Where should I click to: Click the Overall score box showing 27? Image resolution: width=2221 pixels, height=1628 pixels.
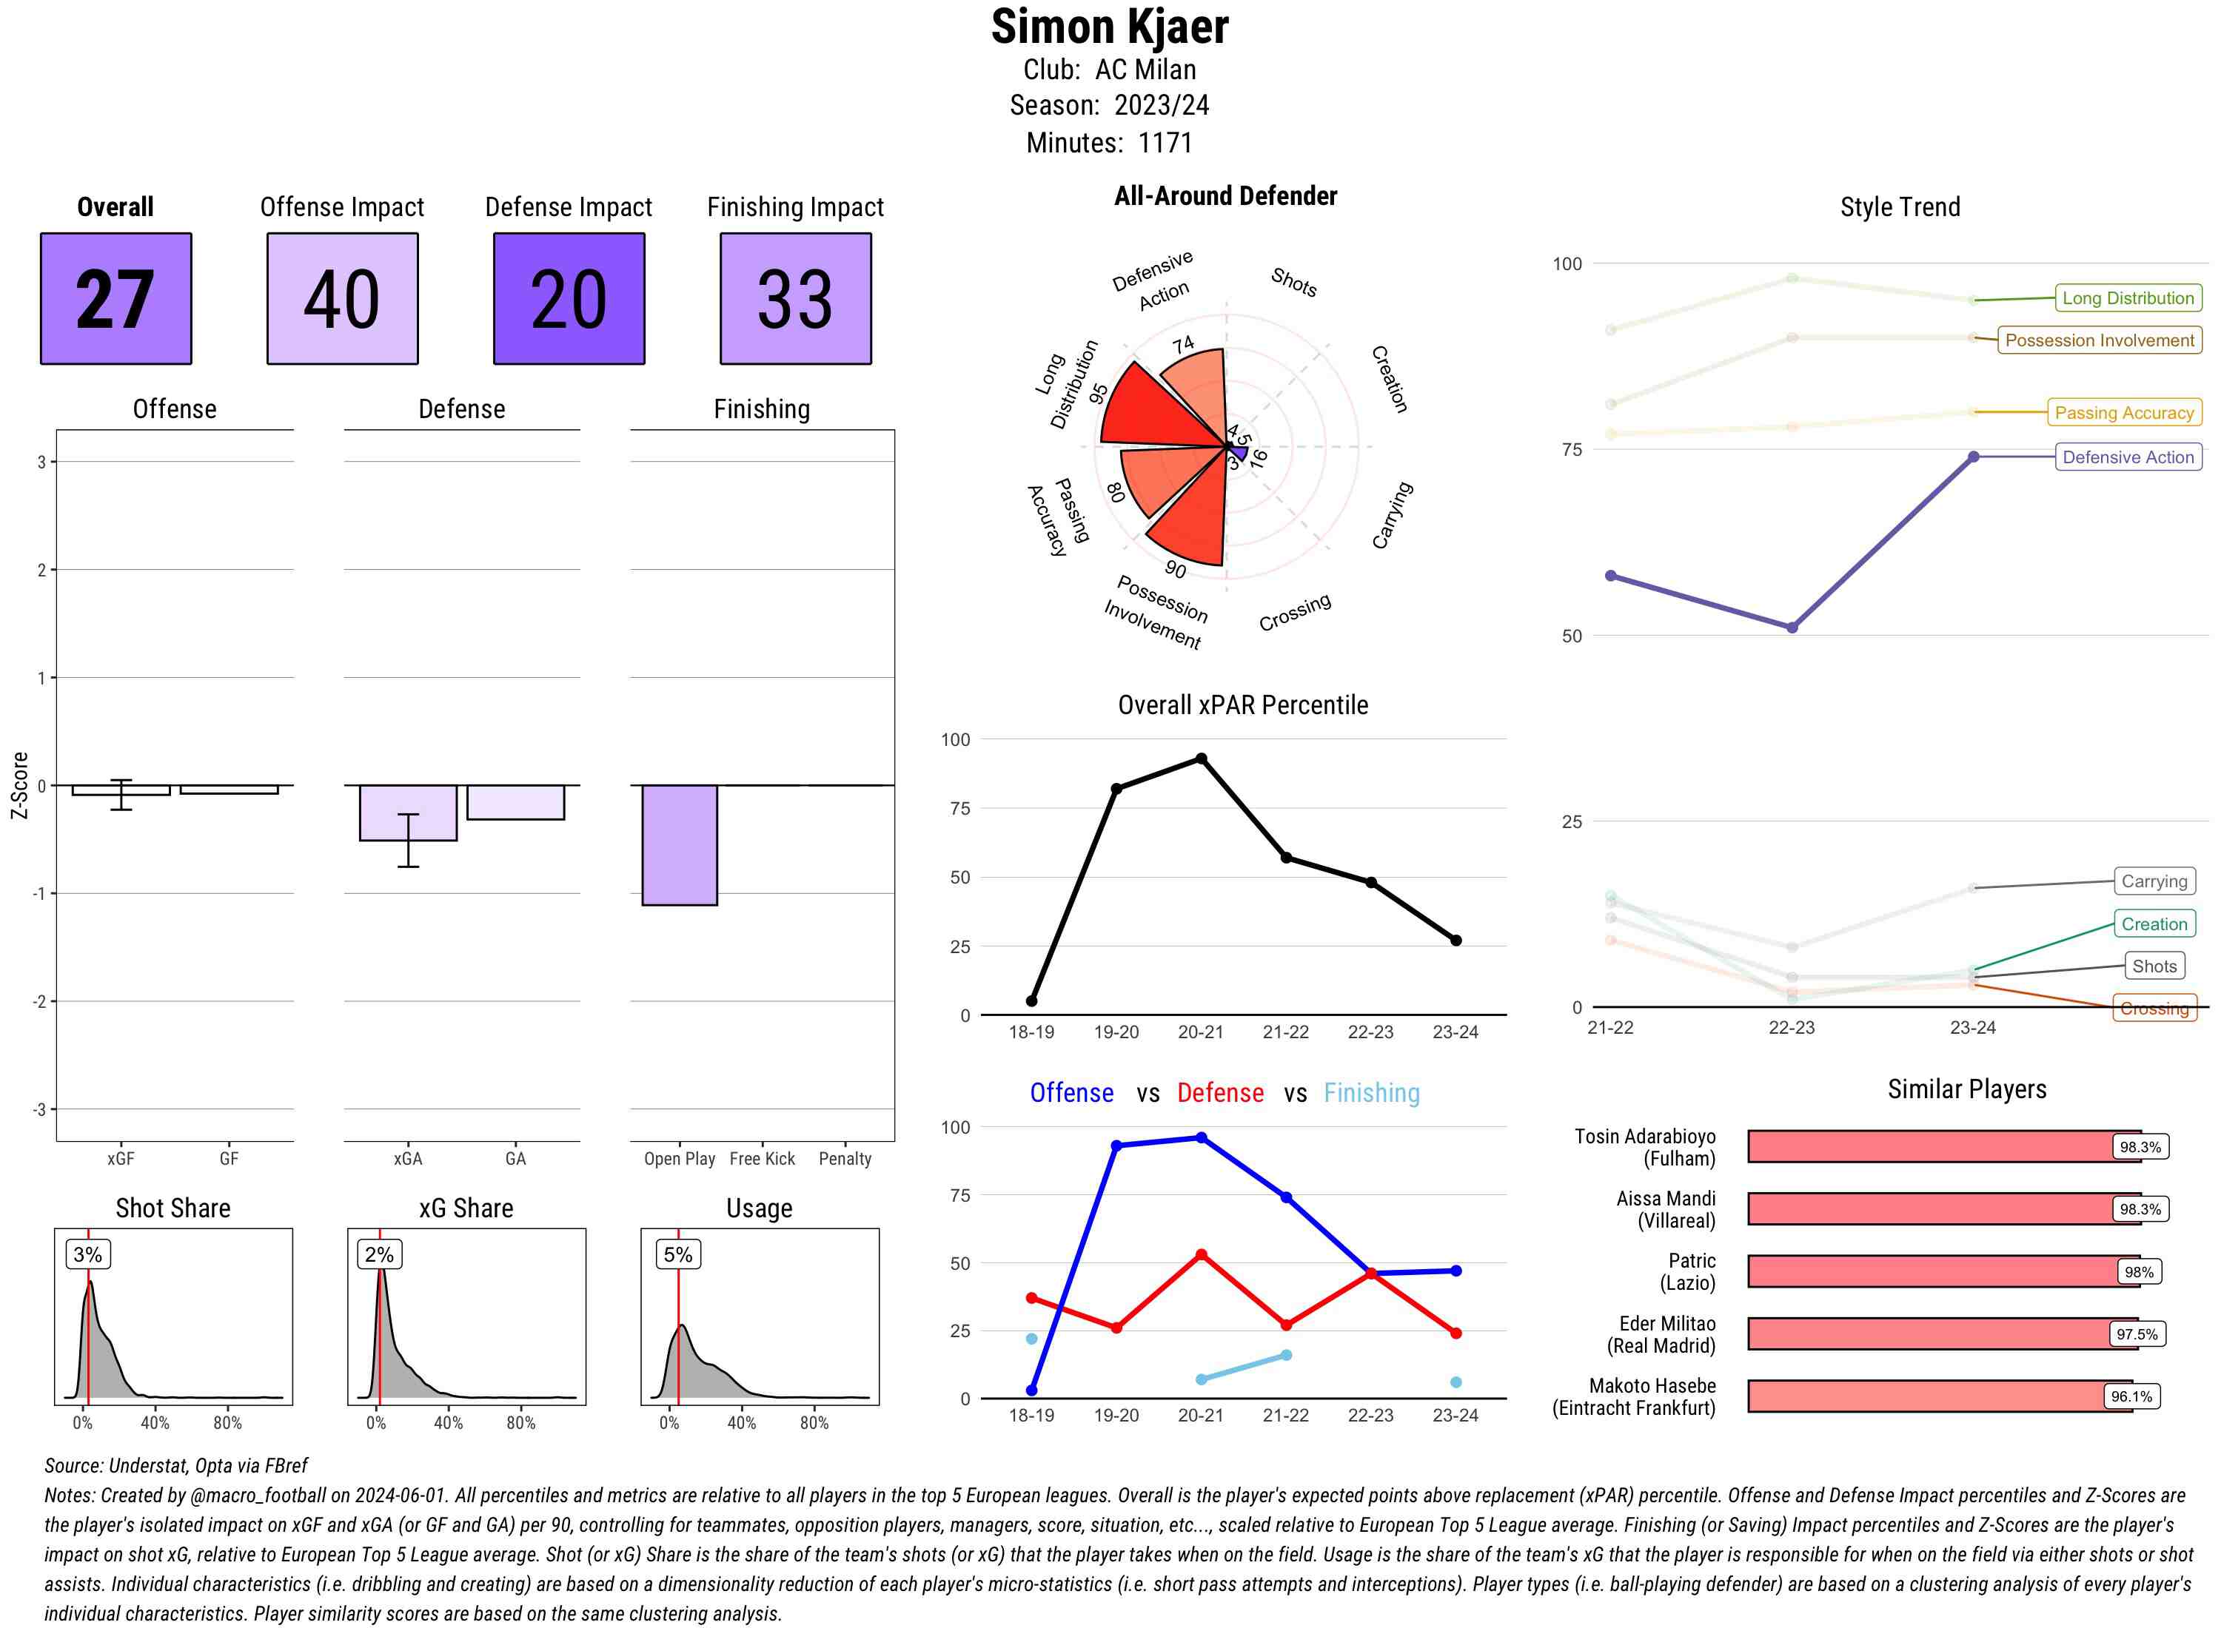115,299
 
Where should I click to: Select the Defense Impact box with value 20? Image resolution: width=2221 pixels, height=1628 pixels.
569,299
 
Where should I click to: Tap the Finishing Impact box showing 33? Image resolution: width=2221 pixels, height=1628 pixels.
796,299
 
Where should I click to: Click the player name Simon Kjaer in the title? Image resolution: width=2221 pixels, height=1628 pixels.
1109,27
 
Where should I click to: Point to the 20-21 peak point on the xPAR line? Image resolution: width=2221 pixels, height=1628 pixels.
1201,758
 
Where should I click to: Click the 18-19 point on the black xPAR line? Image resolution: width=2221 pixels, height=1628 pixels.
1031,1001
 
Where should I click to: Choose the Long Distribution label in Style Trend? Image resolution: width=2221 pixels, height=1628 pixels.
2128,297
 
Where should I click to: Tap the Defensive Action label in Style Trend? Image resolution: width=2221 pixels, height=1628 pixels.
2128,457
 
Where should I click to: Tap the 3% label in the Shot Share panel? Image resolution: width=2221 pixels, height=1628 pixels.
88,1254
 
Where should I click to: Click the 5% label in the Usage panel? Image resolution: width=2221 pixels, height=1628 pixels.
677,1254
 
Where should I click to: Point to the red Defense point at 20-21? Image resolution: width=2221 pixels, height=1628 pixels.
1201,1256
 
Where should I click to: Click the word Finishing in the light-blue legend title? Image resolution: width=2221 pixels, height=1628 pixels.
1371,1093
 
